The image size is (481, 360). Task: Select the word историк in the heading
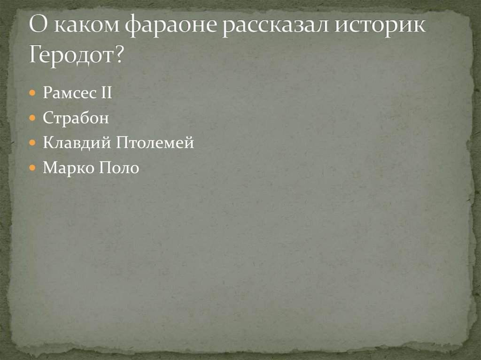pyautogui.click(x=380, y=28)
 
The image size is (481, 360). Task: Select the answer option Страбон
pyautogui.click(x=76, y=117)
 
